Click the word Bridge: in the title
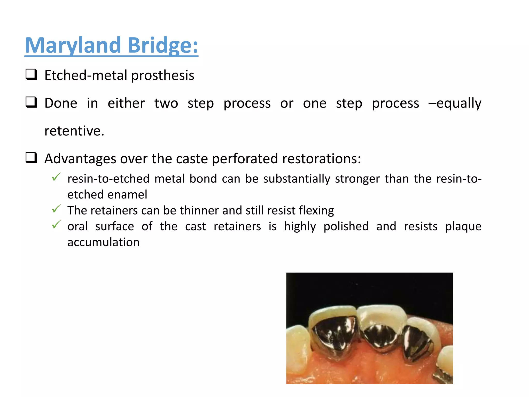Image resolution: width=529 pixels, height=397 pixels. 163,45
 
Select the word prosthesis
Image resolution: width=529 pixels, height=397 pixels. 162,75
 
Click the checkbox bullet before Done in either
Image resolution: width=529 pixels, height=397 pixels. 31,102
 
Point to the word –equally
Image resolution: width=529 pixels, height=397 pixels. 455,103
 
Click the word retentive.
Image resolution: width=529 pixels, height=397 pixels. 74,131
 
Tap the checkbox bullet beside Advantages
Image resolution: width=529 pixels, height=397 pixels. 31,158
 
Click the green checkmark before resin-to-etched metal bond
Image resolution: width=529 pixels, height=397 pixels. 56,177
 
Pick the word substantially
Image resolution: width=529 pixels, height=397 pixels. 297,179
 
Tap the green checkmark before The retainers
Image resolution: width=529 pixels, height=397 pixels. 56,209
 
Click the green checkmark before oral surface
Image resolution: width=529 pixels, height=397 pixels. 56,225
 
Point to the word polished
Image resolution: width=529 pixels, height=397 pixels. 346,227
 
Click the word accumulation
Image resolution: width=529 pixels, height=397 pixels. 103,242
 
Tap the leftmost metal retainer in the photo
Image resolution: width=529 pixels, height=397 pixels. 333,336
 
